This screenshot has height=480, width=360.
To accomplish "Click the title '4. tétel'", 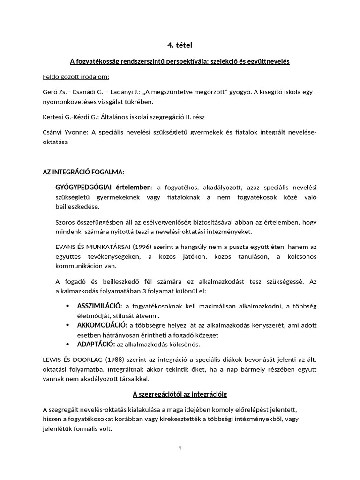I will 180,45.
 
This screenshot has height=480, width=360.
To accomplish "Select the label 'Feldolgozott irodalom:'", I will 76,76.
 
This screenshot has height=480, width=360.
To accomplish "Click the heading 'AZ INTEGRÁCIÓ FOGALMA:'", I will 84,172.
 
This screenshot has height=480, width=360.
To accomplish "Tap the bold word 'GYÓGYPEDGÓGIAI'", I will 82,187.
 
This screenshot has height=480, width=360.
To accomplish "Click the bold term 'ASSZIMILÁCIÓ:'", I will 99,306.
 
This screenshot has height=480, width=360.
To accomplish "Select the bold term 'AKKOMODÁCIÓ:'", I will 102,325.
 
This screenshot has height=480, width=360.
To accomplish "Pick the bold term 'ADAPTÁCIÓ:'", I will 96,344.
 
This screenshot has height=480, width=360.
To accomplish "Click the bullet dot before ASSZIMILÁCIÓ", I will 68,306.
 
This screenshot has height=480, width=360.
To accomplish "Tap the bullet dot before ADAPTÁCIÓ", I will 68,345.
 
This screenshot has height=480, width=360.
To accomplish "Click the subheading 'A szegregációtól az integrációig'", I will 180,394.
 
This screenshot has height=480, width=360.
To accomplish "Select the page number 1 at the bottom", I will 180,448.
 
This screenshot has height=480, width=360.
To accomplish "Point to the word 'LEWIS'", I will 52,360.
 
